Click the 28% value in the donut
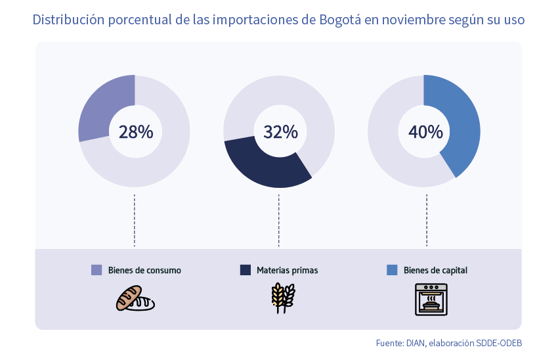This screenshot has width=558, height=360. [x=135, y=131]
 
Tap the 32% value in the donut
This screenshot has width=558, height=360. [x=280, y=131]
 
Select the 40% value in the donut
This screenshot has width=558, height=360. [x=425, y=131]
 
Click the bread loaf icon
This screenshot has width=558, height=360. [x=135, y=298]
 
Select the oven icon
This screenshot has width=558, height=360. [x=431, y=299]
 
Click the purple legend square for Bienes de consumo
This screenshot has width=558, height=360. [x=97, y=270]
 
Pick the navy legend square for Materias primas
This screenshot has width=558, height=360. [x=246, y=270]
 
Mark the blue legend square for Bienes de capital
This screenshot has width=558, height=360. [x=392, y=270]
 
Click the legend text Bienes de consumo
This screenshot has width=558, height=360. [x=144, y=270]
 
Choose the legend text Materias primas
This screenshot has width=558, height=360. [x=288, y=270]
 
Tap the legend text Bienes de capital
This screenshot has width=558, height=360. [x=435, y=270]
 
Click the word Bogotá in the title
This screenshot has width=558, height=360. [x=340, y=20]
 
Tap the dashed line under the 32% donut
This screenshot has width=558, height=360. [x=279, y=220]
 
